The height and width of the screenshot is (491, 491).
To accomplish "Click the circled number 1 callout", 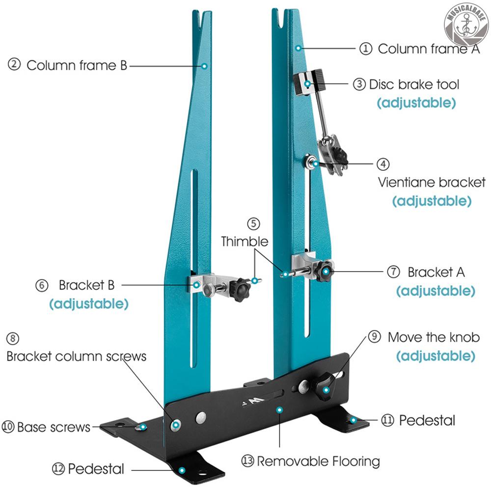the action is (x=365, y=49).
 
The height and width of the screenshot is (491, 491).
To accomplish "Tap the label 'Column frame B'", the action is (x=77, y=65).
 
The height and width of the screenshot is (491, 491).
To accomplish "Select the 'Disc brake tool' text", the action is (x=414, y=84).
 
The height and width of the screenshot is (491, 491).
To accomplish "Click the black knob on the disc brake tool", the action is (x=319, y=79).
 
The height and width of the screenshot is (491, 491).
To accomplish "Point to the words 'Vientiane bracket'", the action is (x=432, y=182).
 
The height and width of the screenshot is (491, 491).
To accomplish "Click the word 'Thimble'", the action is (x=245, y=242).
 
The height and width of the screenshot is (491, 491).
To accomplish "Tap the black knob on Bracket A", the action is (x=324, y=272).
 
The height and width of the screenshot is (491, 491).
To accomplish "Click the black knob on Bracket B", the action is (x=240, y=290).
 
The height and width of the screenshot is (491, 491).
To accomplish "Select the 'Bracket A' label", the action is (x=436, y=272).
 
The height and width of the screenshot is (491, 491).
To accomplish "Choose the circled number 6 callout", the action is (x=42, y=285).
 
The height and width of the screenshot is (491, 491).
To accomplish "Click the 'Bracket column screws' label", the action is (x=77, y=356).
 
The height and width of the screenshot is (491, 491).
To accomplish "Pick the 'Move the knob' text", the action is (x=434, y=337).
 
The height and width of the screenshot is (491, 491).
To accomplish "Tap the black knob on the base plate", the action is (x=325, y=383).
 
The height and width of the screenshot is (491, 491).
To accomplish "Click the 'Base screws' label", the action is (x=54, y=427).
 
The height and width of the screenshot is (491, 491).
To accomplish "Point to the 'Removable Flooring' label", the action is (x=318, y=461).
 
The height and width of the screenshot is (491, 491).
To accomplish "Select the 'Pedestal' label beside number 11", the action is (x=427, y=420).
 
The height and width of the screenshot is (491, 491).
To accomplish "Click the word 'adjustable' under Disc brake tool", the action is (x=416, y=103).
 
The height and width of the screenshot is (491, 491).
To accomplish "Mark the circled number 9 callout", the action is (x=375, y=337).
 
